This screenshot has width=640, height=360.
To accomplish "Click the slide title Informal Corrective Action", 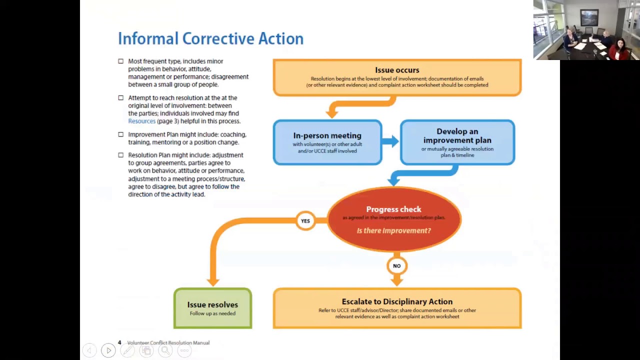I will click(x=210, y=38).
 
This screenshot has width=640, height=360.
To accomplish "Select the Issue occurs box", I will click(x=397, y=77).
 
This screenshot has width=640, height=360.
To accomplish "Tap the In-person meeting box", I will click(x=327, y=142).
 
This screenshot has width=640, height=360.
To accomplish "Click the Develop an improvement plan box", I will click(x=457, y=142).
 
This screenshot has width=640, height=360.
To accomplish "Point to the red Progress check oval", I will click(x=394, y=219).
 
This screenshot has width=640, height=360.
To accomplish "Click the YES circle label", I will click(x=305, y=221).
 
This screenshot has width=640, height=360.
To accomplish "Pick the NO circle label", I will click(x=396, y=266).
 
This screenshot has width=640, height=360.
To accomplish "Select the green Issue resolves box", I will click(x=212, y=308).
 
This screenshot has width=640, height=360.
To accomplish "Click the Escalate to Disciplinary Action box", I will click(x=397, y=308).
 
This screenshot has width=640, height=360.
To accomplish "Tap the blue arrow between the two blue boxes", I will click(x=390, y=141).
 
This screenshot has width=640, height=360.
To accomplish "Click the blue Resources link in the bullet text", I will click(x=141, y=121).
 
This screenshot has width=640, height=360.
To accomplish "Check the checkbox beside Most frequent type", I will click(x=120, y=61).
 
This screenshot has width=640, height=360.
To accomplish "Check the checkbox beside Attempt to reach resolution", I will click(x=120, y=98).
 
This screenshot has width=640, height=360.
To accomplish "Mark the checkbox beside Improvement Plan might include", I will click(x=120, y=134).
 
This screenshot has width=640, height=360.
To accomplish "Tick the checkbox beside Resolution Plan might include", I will click(x=120, y=155).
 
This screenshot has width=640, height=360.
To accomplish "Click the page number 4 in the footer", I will click(x=119, y=342).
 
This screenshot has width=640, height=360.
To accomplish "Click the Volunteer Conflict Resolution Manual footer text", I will click(x=168, y=343).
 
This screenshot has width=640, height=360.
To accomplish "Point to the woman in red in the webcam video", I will click(x=619, y=48).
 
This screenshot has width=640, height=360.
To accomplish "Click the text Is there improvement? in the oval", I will click(x=393, y=230).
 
